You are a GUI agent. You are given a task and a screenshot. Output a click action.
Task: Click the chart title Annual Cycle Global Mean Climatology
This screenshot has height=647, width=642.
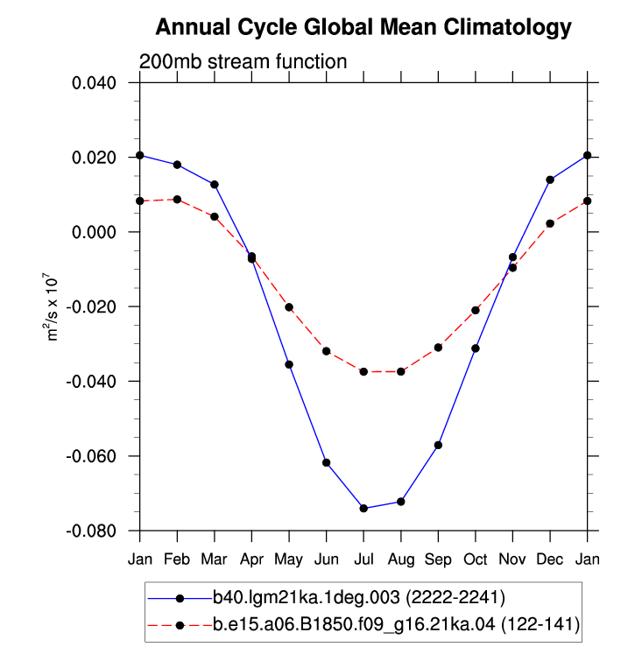coord(363,28)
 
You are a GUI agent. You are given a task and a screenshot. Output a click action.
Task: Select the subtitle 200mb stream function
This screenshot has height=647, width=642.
coord(243,62)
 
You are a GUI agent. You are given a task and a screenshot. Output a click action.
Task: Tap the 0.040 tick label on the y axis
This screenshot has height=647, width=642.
coord(94,83)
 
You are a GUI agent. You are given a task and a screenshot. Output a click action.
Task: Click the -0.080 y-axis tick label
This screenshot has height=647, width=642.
coord(91,531)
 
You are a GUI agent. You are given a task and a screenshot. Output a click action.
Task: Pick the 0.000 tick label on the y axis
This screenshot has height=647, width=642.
coord(94,232)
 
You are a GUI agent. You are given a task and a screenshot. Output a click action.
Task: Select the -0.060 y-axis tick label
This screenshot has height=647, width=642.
coord(91,456)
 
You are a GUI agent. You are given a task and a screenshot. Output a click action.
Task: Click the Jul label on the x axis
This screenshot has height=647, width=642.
coord(363,559)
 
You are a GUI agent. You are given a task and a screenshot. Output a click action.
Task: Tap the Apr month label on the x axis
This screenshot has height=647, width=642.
coord(251,560)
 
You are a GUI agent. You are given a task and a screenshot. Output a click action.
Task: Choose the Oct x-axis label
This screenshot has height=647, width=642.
coord(476,559)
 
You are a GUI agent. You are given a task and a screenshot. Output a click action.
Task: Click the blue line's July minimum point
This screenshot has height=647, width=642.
coord(363,508)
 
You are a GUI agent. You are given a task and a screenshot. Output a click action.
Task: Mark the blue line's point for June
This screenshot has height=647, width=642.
coord(327,462)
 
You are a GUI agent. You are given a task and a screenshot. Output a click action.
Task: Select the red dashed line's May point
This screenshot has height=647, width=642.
coord(289,307)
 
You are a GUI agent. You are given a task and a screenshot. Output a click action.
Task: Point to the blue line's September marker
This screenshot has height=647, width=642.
coord(439,446)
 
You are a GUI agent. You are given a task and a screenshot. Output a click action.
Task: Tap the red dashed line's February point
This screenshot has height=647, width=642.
coord(177,200)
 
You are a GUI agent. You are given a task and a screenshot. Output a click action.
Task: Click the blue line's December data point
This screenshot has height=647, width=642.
coord(550,179)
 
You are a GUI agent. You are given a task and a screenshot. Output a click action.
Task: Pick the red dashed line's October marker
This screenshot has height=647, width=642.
coord(476,310)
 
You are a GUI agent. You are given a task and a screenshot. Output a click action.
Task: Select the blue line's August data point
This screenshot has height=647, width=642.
coord(401,502)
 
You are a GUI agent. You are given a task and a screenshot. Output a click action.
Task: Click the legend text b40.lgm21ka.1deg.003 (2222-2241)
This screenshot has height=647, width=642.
coord(359,597)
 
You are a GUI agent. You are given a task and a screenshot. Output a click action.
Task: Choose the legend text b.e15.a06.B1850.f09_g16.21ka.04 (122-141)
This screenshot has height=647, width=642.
coord(397,625)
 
